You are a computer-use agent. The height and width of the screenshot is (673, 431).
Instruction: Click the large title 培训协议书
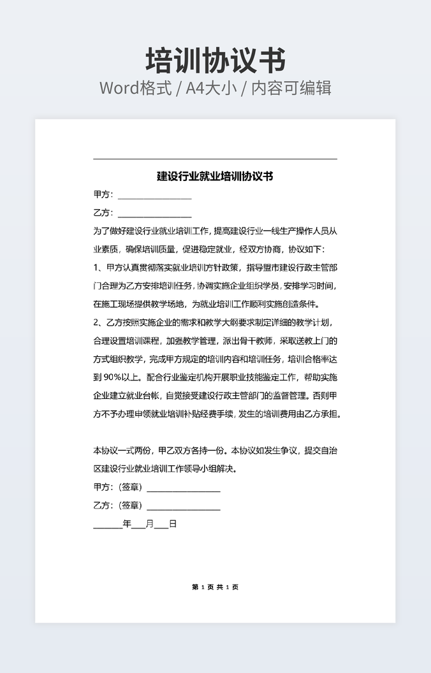tap(215, 61)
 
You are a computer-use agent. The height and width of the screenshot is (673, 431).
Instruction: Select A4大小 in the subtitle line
tap(210, 88)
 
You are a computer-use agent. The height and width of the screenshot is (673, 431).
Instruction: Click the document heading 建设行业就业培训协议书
tap(215, 176)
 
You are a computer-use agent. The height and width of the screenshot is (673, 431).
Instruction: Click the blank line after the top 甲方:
tap(154, 197)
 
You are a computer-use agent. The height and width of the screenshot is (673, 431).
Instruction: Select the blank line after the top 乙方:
tap(154, 215)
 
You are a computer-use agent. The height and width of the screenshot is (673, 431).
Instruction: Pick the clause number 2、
tap(99, 322)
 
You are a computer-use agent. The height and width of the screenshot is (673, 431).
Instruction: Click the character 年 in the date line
tap(127, 525)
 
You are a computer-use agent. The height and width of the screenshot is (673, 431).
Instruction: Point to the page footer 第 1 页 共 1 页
tap(215, 587)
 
